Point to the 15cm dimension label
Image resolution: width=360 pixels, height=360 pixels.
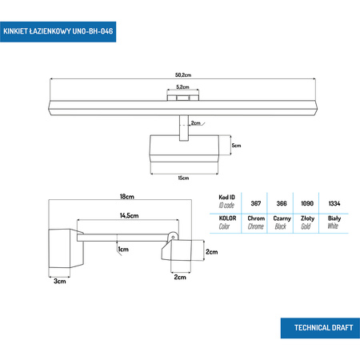182,178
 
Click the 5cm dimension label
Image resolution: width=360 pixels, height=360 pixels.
236,146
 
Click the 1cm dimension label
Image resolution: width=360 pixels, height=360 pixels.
124,250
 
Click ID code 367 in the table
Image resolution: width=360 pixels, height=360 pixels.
256,203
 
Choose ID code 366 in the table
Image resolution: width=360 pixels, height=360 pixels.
282,203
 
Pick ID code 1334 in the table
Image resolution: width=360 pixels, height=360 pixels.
334,203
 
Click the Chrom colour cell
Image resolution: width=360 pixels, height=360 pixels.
256,222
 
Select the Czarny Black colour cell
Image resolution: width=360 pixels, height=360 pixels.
282,222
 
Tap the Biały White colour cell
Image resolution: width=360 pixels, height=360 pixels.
334,222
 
